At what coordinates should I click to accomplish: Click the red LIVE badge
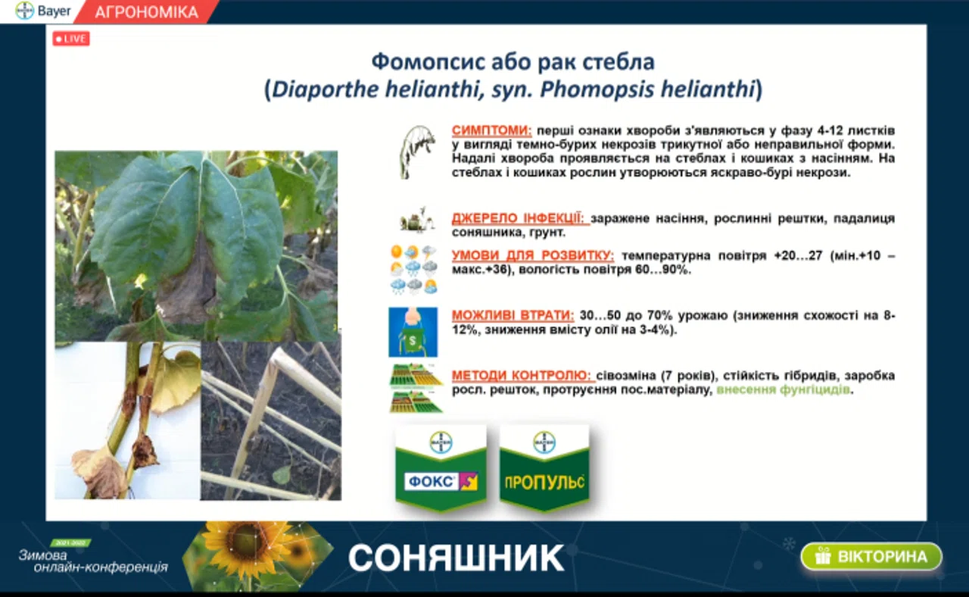click(x=71, y=39)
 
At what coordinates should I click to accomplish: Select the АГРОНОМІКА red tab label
click(x=146, y=12)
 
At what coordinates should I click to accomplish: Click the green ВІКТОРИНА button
click(x=871, y=556)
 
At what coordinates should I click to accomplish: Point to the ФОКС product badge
click(x=441, y=467)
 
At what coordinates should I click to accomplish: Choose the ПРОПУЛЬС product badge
click(x=544, y=467)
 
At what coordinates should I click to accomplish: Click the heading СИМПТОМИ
click(x=492, y=130)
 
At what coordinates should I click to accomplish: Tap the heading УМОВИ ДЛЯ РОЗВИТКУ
click(x=533, y=255)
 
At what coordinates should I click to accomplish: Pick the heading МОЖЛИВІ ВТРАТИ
click(x=513, y=315)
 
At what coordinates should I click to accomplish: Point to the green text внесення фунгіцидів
click(x=783, y=389)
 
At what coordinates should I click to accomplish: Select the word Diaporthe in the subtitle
click(x=325, y=89)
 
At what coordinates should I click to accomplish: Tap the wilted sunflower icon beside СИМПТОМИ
click(x=416, y=152)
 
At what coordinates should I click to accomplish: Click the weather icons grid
click(x=413, y=269)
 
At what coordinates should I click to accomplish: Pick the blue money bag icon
click(x=413, y=332)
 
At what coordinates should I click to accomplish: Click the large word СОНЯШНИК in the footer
click(x=456, y=558)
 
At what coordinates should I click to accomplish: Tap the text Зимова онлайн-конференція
click(x=93, y=561)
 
